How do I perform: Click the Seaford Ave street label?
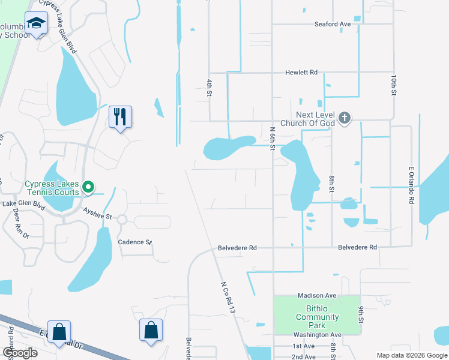pyautogui.click(x=333, y=24)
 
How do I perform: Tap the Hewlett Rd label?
pyautogui.click(x=301, y=72)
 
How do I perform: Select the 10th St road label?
pyautogui.click(x=394, y=86)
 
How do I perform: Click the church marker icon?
pyautogui.click(x=344, y=118)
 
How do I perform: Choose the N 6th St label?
pyautogui.click(x=273, y=138)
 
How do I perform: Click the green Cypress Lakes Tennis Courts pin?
pyautogui.click(x=88, y=188)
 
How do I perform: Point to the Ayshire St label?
pyautogui.click(x=98, y=213)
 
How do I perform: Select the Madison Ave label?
pyautogui.click(x=317, y=296)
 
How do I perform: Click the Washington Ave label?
pyautogui.click(x=317, y=335)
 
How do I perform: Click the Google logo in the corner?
pyautogui.click(x=20, y=353)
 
